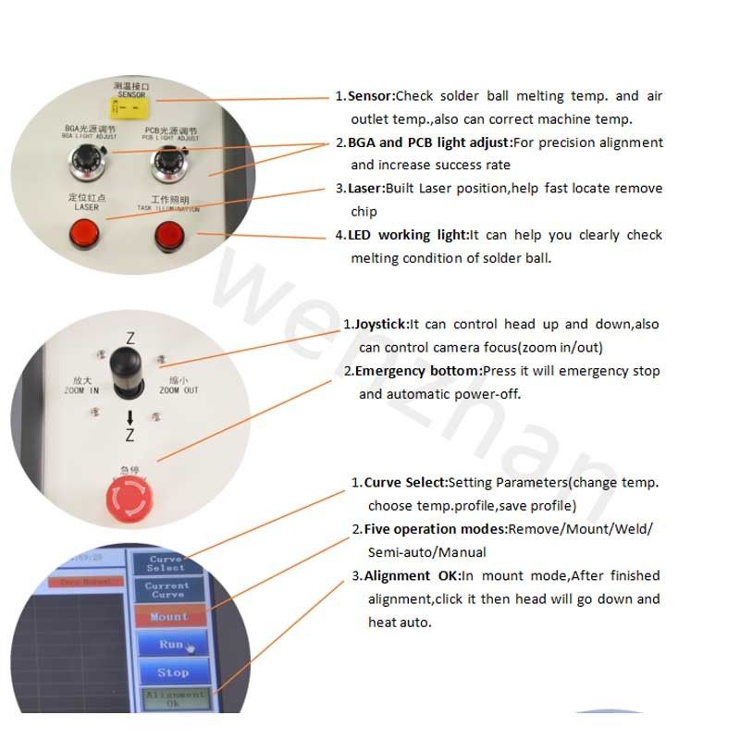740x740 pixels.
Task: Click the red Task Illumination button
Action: [168, 238]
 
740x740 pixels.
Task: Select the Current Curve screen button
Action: [166, 589]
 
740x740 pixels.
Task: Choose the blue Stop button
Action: [172, 672]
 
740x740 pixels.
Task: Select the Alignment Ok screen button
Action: [174, 699]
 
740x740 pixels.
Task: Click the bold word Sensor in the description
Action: [372, 96]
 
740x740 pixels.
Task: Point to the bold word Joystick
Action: [380, 325]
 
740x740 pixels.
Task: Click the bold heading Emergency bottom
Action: [417, 371]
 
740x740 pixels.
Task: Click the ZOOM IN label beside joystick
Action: [80, 385]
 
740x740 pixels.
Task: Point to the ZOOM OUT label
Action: [178, 385]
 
